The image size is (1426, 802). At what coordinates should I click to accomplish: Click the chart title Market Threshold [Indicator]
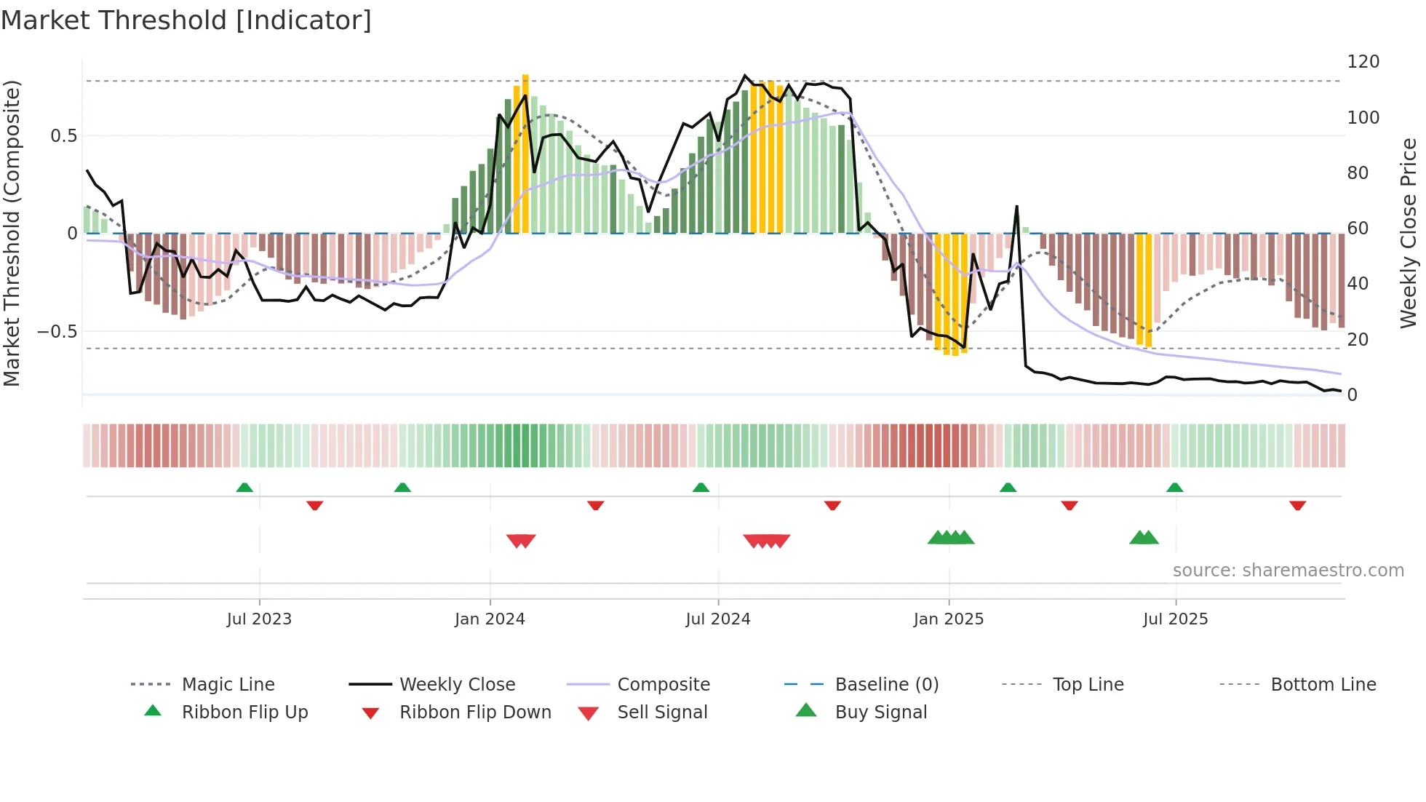point(186,20)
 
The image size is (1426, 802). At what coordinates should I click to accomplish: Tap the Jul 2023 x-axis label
point(259,619)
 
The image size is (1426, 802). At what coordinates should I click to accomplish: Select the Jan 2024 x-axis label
point(490,619)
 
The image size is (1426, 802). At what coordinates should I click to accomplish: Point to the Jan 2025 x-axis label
point(949,619)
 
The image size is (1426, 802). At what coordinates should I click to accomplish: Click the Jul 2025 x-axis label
point(1176,619)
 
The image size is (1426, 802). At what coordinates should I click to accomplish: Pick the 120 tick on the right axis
point(1363,62)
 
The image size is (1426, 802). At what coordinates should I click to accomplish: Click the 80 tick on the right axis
point(1358,173)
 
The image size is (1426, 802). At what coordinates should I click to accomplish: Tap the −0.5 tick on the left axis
point(57,332)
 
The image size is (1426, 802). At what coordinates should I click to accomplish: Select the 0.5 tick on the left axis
point(63,136)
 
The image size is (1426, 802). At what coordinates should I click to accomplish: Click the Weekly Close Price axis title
point(1409,233)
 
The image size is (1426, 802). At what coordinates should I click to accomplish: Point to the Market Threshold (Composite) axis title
point(12,233)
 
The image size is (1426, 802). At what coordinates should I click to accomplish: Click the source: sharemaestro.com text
point(1288,571)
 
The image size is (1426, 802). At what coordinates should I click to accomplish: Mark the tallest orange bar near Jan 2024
point(525,153)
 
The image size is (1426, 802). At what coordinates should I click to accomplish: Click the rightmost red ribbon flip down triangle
point(1297,505)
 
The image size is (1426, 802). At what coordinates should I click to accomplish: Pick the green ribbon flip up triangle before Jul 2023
point(244,488)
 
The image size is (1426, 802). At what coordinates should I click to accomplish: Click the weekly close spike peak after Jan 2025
point(1016,207)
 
